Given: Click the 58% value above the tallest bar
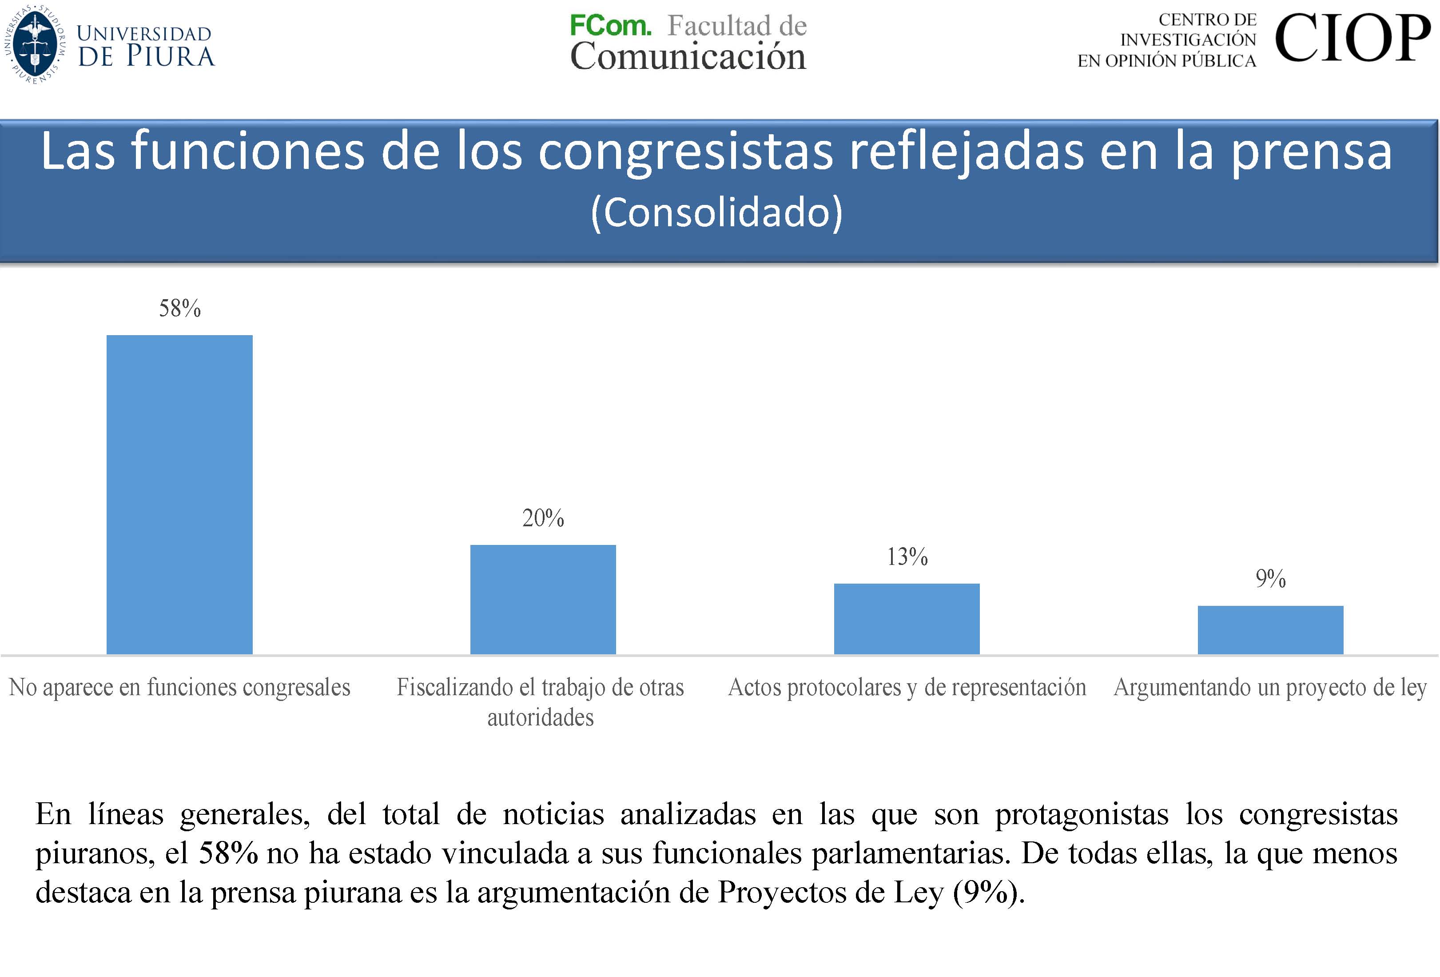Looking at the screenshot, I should pos(180,308).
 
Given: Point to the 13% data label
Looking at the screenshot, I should pos(907,557).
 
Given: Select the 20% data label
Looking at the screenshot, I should pos(543,518).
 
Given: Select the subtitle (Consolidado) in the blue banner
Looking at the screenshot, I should pos(716,212).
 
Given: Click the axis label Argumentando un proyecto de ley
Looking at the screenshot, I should pos(1270,687).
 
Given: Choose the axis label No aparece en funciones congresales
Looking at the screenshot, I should pos(180,687).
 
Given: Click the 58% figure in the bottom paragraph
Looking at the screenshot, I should pos(228,853).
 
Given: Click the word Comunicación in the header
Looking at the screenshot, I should pos(688,56).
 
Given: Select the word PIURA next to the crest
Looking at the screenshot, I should pos(171,56).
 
